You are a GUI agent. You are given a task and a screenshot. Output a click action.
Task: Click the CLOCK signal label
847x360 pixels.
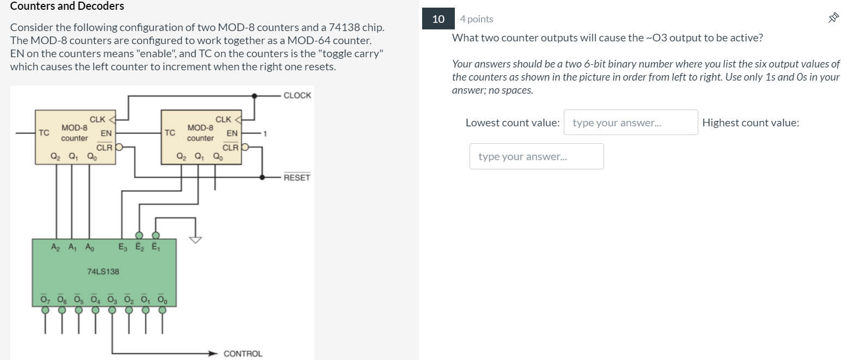coord(297,95)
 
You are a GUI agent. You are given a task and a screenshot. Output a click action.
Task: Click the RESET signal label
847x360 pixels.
coord(297,178)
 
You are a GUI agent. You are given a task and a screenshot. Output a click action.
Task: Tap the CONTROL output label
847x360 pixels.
coord(243,353)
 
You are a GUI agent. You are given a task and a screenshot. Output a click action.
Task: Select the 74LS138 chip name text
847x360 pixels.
coord(103,271)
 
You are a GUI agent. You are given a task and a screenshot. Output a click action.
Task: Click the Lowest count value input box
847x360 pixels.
coord(631,123)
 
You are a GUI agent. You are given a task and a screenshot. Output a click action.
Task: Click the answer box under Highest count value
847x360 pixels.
coord(537,156)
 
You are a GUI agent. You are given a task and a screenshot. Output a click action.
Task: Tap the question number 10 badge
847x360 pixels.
coord(438,19)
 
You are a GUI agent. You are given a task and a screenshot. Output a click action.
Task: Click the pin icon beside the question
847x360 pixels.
coord(832,19)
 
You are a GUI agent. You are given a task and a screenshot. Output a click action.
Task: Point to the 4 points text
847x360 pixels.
coord(477,19)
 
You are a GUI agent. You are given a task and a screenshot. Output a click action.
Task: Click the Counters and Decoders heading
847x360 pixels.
coord(67,7)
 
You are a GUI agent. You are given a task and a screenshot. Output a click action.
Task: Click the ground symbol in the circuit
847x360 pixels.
coord(195,239)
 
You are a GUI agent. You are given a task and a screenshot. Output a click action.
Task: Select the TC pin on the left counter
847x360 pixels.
coord(44,132)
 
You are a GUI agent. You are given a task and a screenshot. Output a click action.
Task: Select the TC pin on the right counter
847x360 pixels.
coord(170,132)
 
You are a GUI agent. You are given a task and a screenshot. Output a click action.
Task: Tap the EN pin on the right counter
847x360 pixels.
coord(232,133)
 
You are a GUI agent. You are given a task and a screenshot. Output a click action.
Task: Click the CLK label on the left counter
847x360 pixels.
coord(98,119)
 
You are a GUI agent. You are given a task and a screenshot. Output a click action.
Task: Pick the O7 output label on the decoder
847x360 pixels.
coord(45,299)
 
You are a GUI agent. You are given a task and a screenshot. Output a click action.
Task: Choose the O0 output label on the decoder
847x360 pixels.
coord(162,299)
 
